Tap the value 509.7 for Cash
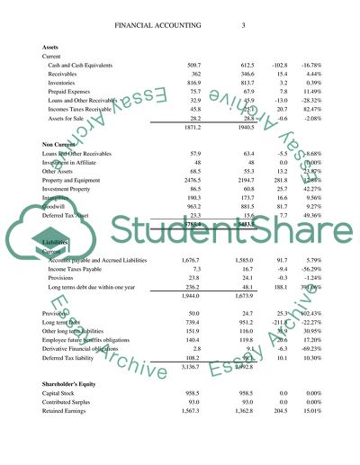[x=193, y=66]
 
